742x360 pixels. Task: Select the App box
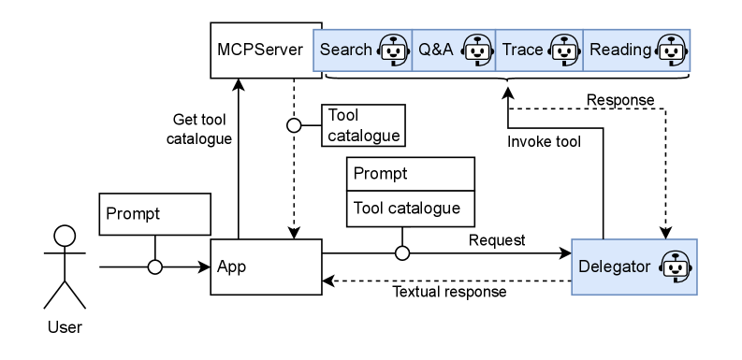pos(266,266)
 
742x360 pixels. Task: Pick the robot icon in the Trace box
pos(561,50)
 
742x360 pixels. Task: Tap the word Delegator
pos(614,266)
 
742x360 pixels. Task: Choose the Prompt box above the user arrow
pos(153,214)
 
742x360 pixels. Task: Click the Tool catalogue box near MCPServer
pos(363,124)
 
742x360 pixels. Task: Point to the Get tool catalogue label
pos(200,127)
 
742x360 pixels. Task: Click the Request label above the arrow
pos(496,240)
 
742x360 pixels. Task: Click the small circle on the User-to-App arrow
pos(155,266)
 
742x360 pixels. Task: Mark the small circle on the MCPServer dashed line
pos(294,124)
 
